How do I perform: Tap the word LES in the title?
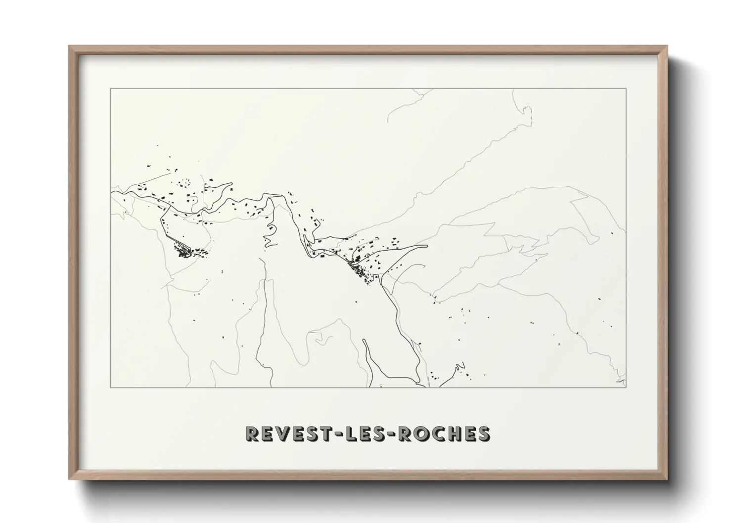click(x=367, y=434)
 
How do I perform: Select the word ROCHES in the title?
click(x=445, y=434)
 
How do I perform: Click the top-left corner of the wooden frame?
click(x=69, y=46)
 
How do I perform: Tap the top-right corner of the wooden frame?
click(x=667, y=46)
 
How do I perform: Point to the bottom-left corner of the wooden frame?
click(x=69, y=479)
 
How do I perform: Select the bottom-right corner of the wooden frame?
click(x=667, y=479)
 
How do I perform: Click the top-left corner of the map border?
click(x=110, y=88)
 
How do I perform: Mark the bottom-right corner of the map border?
click(x=626, y=388)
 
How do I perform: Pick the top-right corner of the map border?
click(x=626, y=88)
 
